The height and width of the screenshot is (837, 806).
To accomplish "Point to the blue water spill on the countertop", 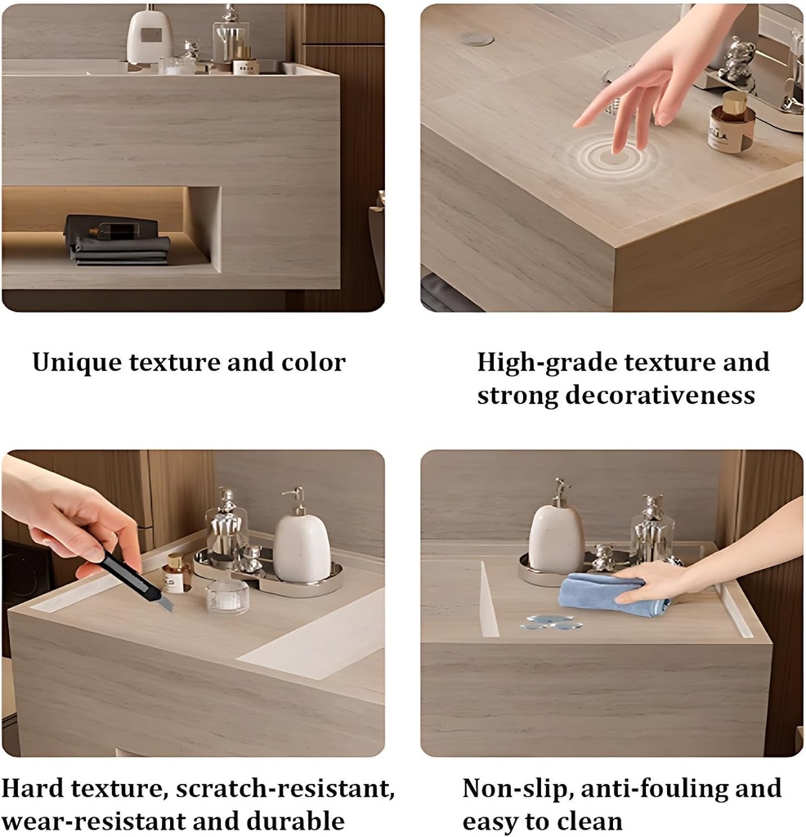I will click(552, 623).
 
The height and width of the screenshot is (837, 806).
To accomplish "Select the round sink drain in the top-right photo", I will click(476, 38).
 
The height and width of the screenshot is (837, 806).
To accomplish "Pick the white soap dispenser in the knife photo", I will click(301, 543).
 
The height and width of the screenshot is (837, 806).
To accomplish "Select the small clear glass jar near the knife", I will click(226, 598).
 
